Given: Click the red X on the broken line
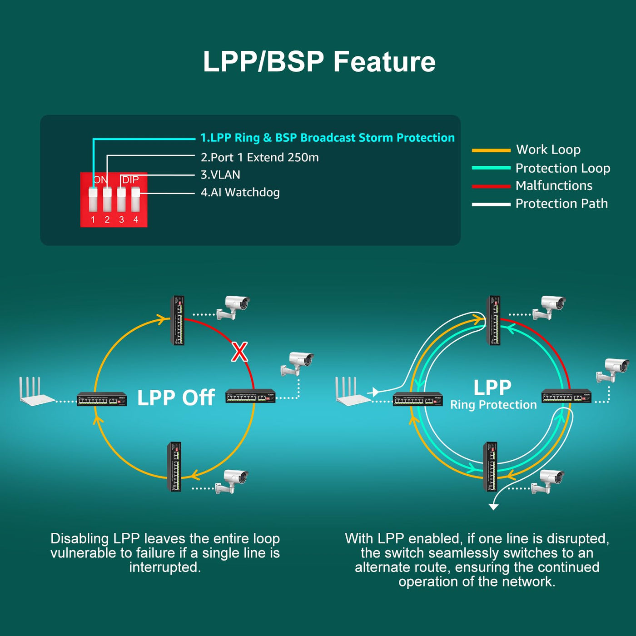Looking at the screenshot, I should pos(239,352).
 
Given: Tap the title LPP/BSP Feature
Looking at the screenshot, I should pos(319,61).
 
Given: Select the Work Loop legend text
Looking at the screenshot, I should pos(548,149).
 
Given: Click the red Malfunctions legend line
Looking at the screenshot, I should pos(491,186).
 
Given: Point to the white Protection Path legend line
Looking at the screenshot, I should pos(491,204).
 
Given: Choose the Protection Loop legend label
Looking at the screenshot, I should pos(563,168).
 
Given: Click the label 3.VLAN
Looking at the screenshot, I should pos(220,175).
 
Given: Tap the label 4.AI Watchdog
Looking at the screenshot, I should pos(240,193).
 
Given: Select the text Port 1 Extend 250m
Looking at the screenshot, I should pos(260,158).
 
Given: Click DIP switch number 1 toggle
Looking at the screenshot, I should pos(93,200).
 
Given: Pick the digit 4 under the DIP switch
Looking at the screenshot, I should pos(135,220).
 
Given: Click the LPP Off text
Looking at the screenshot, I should pos(176,397).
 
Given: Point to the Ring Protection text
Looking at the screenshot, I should pos(493,405).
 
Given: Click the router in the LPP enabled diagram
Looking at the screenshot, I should pos(352,392).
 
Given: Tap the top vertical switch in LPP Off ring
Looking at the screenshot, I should pos(178,320).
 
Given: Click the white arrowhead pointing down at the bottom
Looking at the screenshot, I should pos(493,507).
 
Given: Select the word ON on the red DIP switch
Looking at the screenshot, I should pos(101,180).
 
